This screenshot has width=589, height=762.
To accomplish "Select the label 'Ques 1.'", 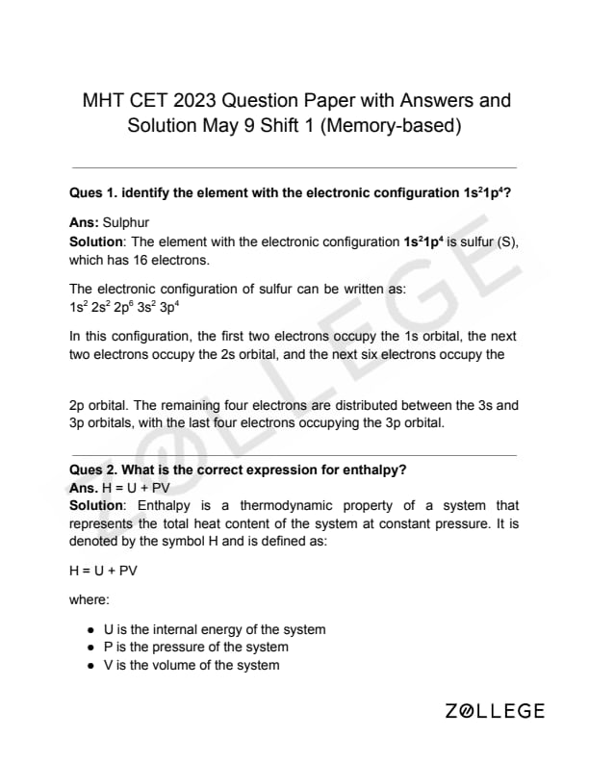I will [x=93, y=192].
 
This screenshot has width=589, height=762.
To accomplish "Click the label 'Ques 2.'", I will [x=93, y=470].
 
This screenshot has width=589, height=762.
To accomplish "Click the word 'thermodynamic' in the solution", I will [x=272, y=505].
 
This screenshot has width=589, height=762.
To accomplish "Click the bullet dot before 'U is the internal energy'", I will [x=90, y=630].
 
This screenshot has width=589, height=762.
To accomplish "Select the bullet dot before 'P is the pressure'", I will [x=90, y=648].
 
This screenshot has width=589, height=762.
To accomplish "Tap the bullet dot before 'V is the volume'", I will [x=90, y=666].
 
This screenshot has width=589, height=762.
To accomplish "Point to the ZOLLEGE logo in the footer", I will [x=496, y=712].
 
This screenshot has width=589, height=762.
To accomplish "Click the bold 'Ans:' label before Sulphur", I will [x=84, y=222].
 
